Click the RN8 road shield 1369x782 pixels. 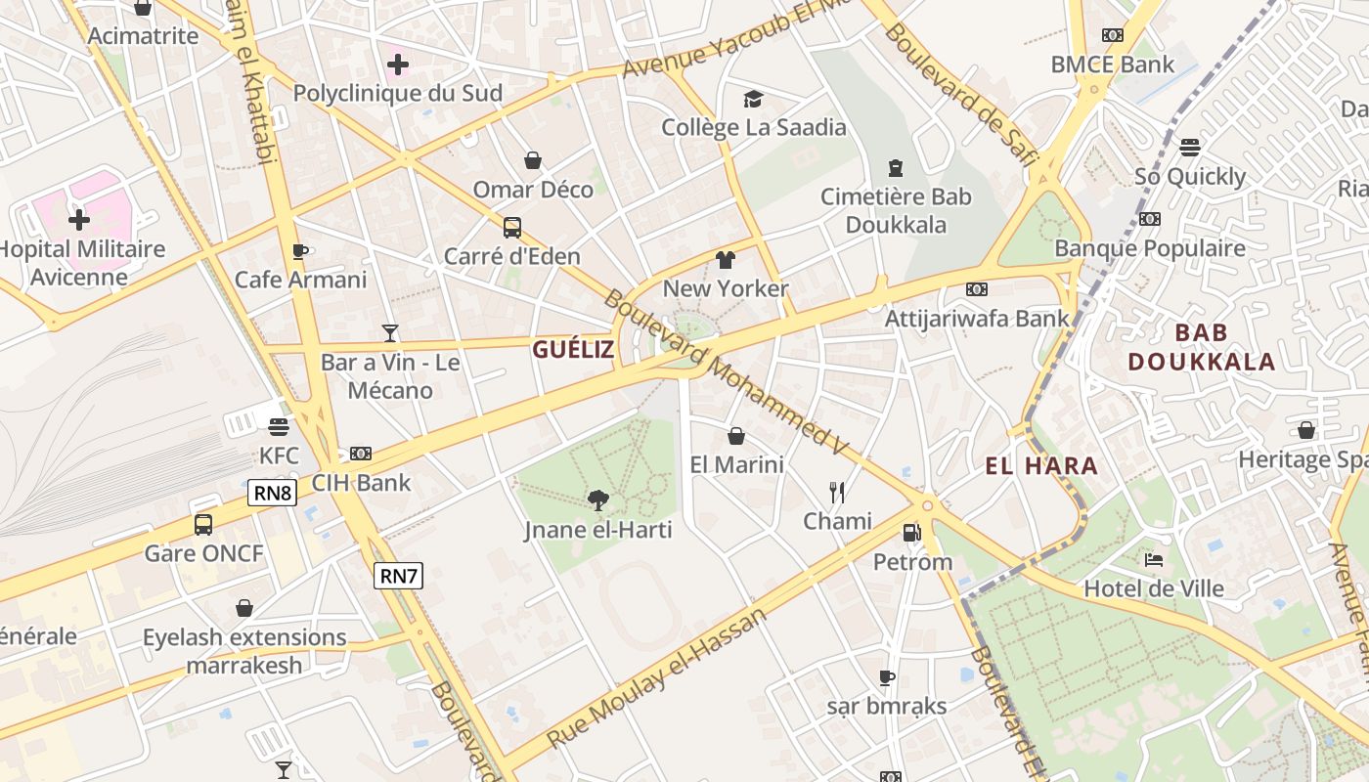click(x=272, y=493)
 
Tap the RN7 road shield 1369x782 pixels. click(x=398, y=576)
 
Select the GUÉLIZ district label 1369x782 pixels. click(x=573, y=349)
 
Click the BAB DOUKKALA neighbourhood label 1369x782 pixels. click(x=1202, y=347)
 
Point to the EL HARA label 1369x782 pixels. click(x=1041, y=466)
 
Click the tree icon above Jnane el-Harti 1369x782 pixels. click(x=598, y=501)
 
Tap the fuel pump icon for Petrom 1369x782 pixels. click(x=911, y=533)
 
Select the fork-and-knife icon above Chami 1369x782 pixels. click(x=837, y=492)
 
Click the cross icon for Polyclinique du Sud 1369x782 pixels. click(x=397, y=65)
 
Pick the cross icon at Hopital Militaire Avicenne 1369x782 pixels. click(x=79, y=219)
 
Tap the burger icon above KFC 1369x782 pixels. click(x=279, y=427)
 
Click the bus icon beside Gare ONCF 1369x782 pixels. click(x=203, y=525)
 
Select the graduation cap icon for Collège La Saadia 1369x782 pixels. click(x=753, y=99)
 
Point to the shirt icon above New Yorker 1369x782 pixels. click(x=725, y=260)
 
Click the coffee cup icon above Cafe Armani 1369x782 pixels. click(x=300, y=251)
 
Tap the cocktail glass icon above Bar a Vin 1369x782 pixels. click(x=390, y=333)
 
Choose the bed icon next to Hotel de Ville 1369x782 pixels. click(x=1154, y=560)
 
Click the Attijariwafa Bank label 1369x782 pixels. click(x=977, y=319)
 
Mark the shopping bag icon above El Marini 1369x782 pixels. click(x=736, y=436)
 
